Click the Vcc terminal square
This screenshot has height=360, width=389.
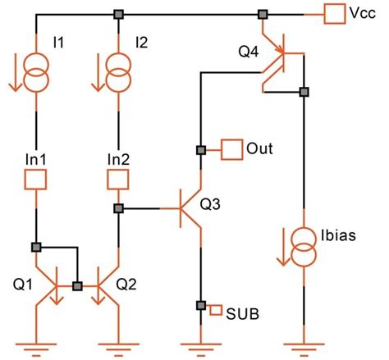coord(335,14)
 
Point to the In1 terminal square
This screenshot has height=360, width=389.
coord(36,178)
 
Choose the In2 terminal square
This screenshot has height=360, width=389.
coord(118,178)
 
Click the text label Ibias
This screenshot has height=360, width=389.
coord(339,235)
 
